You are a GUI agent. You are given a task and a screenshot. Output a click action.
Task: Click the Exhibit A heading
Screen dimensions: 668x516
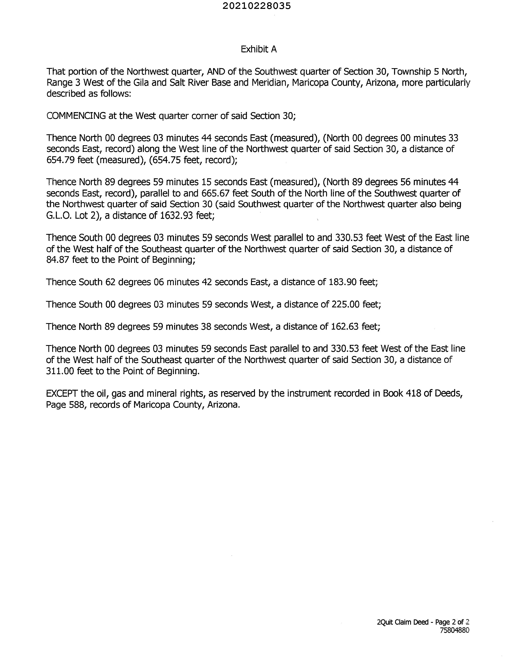tap(259, 49)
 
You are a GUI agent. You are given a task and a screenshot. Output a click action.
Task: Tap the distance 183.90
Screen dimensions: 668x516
tap(342, 282)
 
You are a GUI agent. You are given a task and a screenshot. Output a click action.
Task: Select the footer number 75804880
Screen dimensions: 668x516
tap(454, 630)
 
